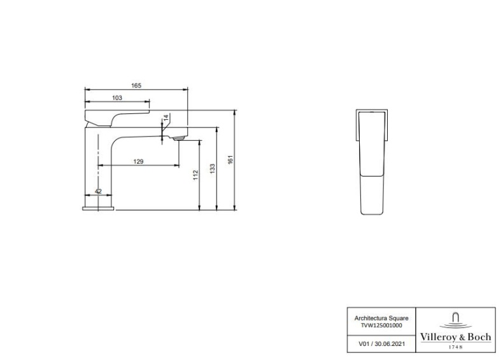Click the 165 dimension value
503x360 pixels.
click(136, 85)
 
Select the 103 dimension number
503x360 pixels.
click(117, 97)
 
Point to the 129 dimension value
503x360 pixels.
click(138, 162)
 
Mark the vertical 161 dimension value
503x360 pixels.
click(231, 160)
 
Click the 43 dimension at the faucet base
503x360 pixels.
click(98, 191)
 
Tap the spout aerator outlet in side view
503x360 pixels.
click(178, 136)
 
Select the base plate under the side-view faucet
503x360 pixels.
click(99, 206)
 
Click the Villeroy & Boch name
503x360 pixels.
click(455, 336)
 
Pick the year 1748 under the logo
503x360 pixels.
click(455, 347)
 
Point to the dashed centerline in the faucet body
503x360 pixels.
click(99, 159)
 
